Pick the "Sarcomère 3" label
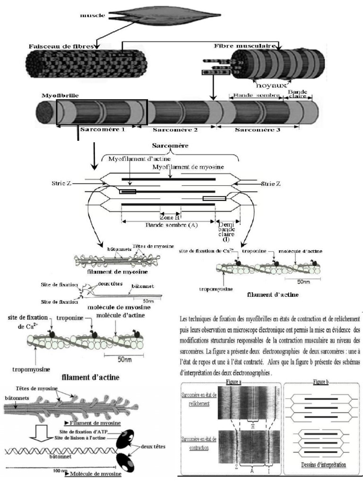click(257, 129)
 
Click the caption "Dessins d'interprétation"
click(322, 464)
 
